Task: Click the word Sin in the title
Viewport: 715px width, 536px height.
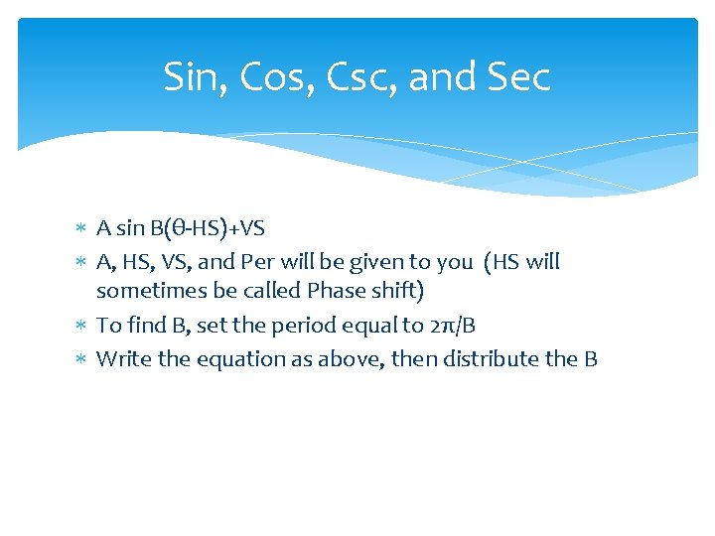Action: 190,76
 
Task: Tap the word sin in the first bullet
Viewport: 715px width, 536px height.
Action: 130,229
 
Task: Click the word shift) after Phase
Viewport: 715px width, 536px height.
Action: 395,291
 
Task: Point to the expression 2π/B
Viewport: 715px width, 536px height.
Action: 459,326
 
